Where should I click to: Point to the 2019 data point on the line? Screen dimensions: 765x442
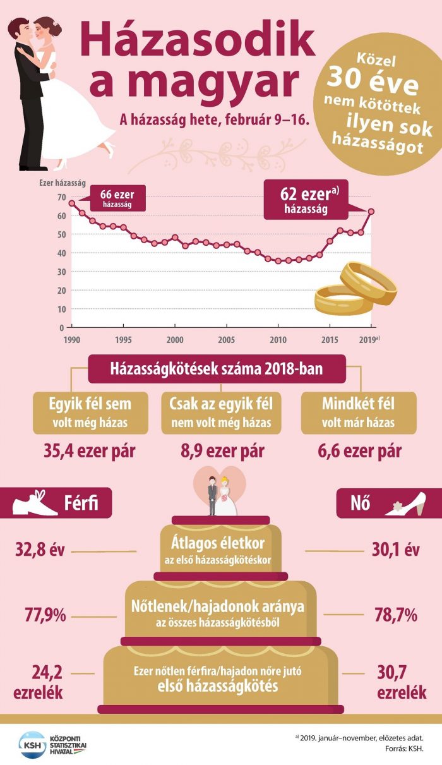pos(371,211)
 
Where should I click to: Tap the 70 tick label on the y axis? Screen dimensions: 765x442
pos(61,197)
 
